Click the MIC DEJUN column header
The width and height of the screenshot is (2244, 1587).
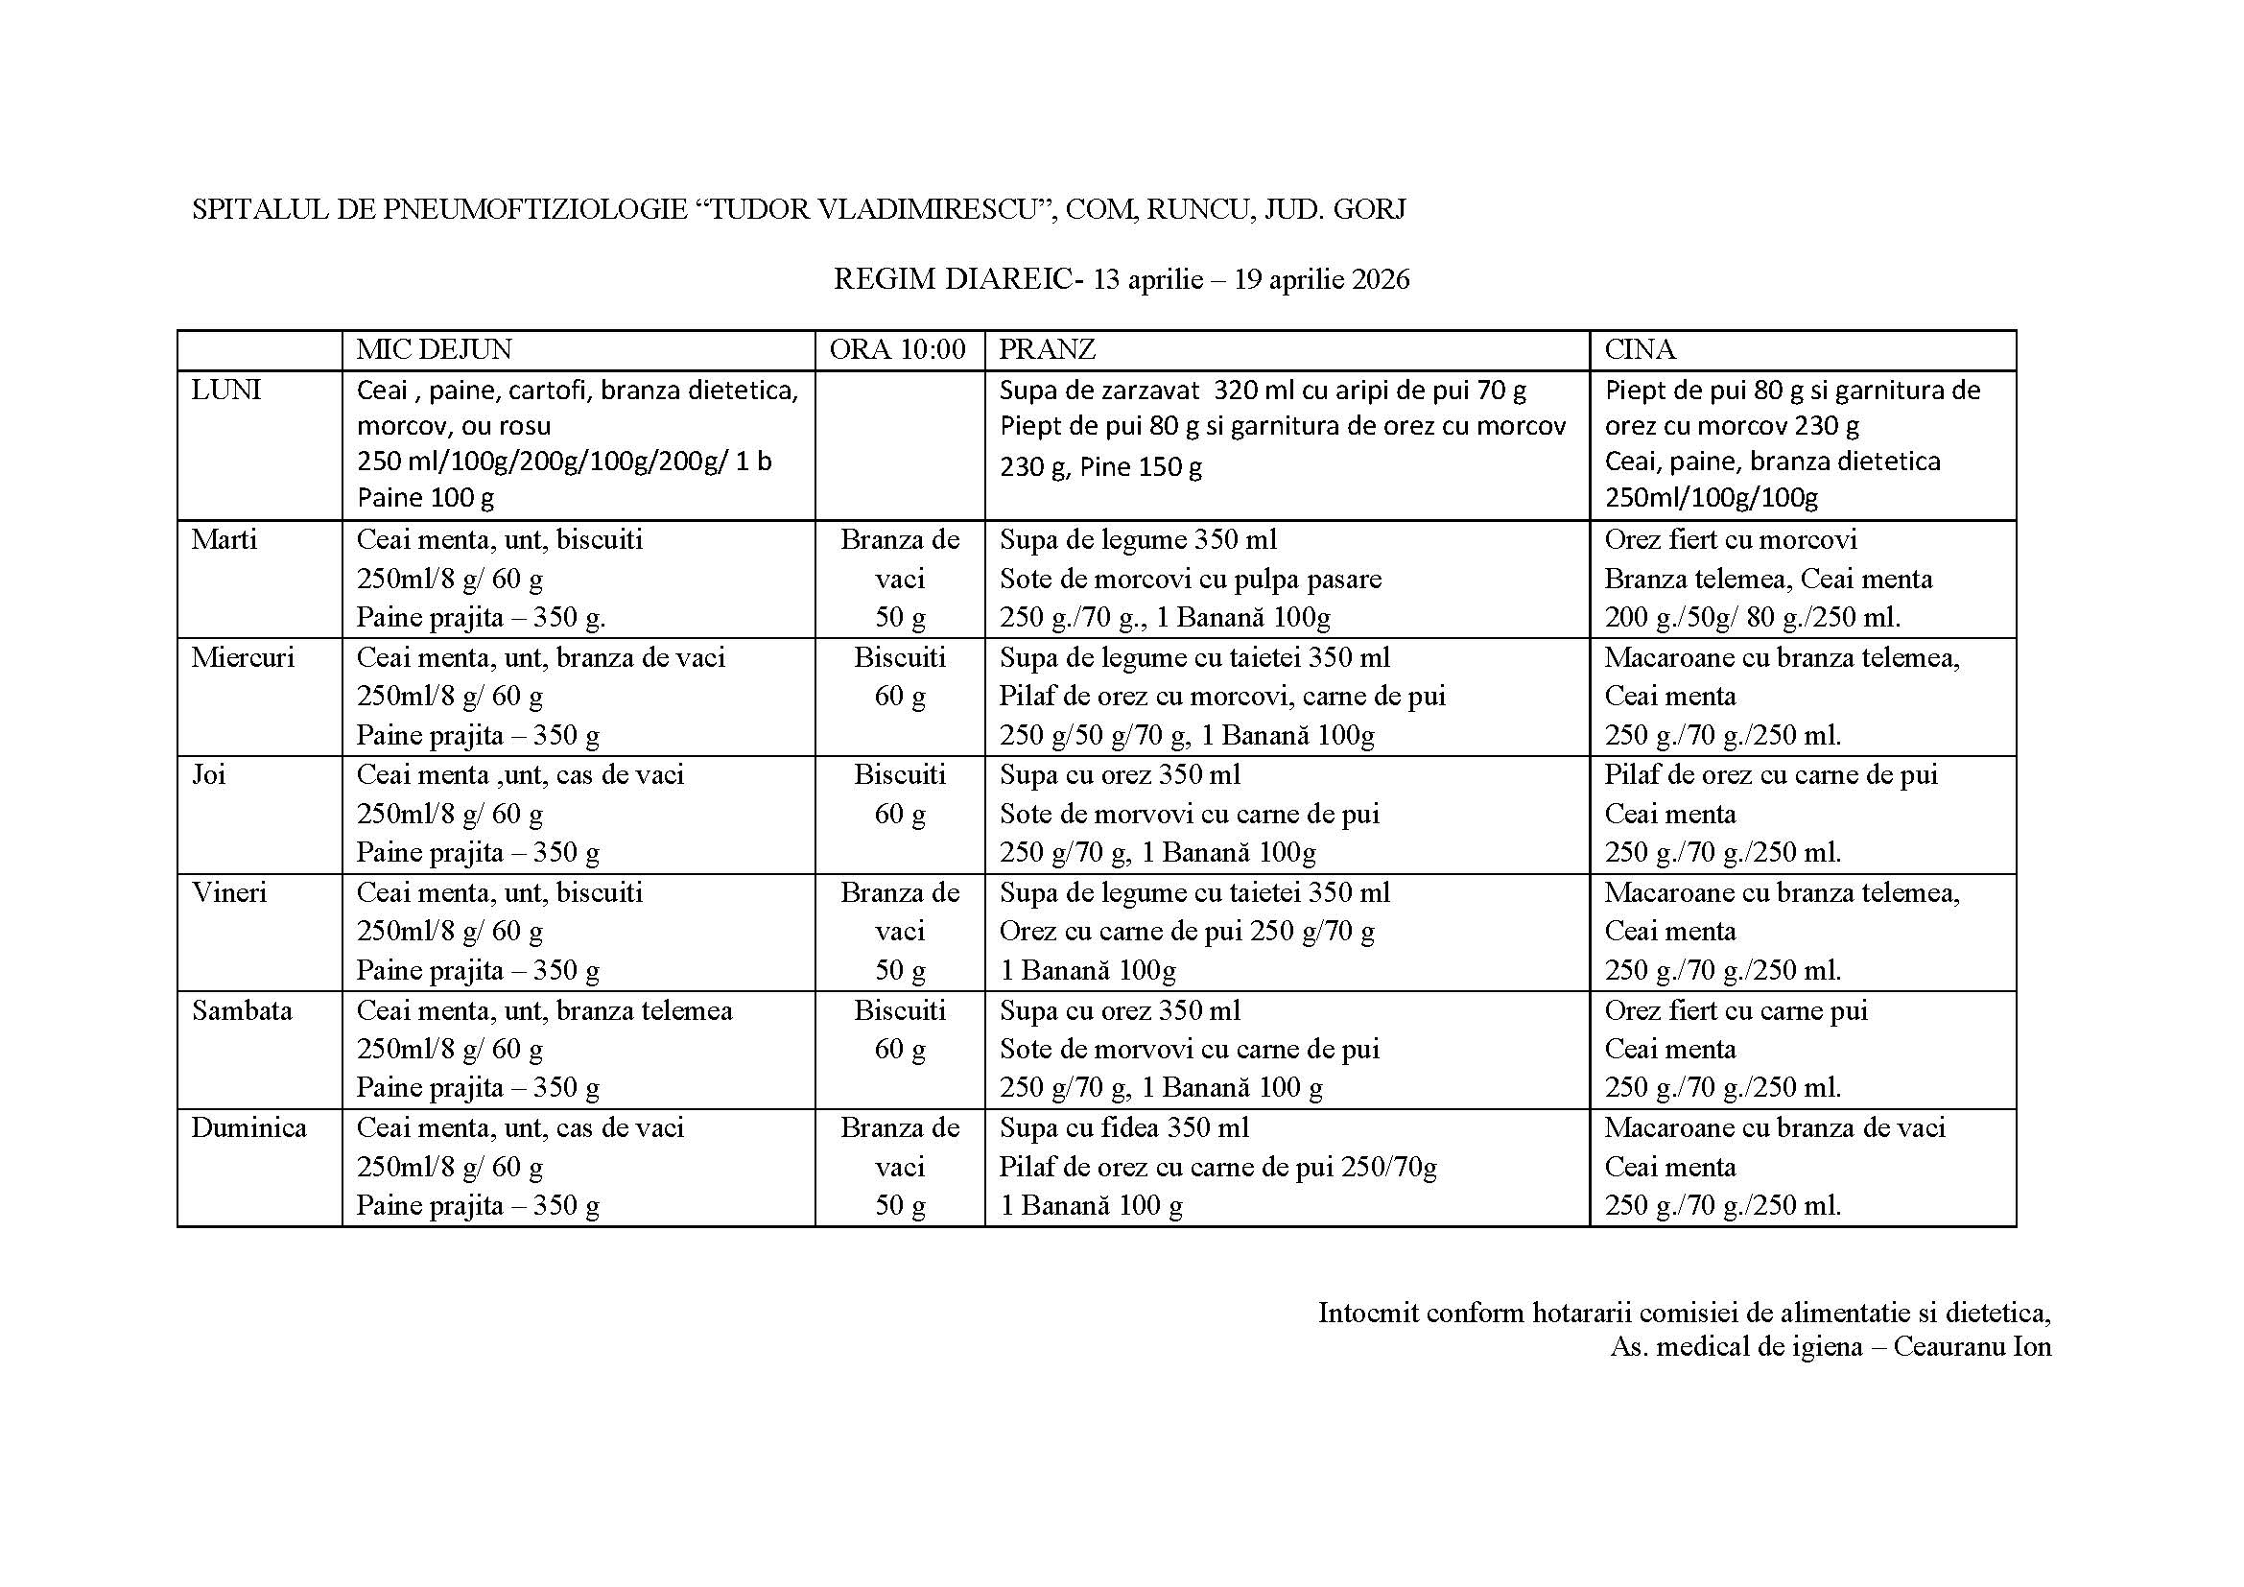pyautogui.click(x=434, y=350)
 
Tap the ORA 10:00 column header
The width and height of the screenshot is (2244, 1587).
pyautogui.click(x=897, y=350)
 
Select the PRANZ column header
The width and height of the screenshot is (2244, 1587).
pyautogui.click(x=1047, y=350)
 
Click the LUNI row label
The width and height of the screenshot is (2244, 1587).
pyautogui.click(x=225, y=391)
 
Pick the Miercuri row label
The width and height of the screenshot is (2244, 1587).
pyautogui.click(x=243, y=657)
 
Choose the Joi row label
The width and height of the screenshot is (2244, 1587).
pyautogui.click(x=208, y=775)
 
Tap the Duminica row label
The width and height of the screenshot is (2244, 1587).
pyautogui.click(x=248, y=1127)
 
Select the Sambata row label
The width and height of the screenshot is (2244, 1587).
pyautogui.click(x=242, y=1010)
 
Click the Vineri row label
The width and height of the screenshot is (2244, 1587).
pyautogui.click(x=228, y=893)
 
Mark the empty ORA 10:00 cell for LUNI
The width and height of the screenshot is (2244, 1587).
pyautogui.click(x=899, y=444)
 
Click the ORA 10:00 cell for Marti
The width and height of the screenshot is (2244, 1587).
pyautogui.click(x=899, y=579)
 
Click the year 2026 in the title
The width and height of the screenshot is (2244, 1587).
pyautogui.click(x=1380, y=280)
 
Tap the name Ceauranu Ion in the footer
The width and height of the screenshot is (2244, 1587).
pyautogui.click(x=1972, y=1346)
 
